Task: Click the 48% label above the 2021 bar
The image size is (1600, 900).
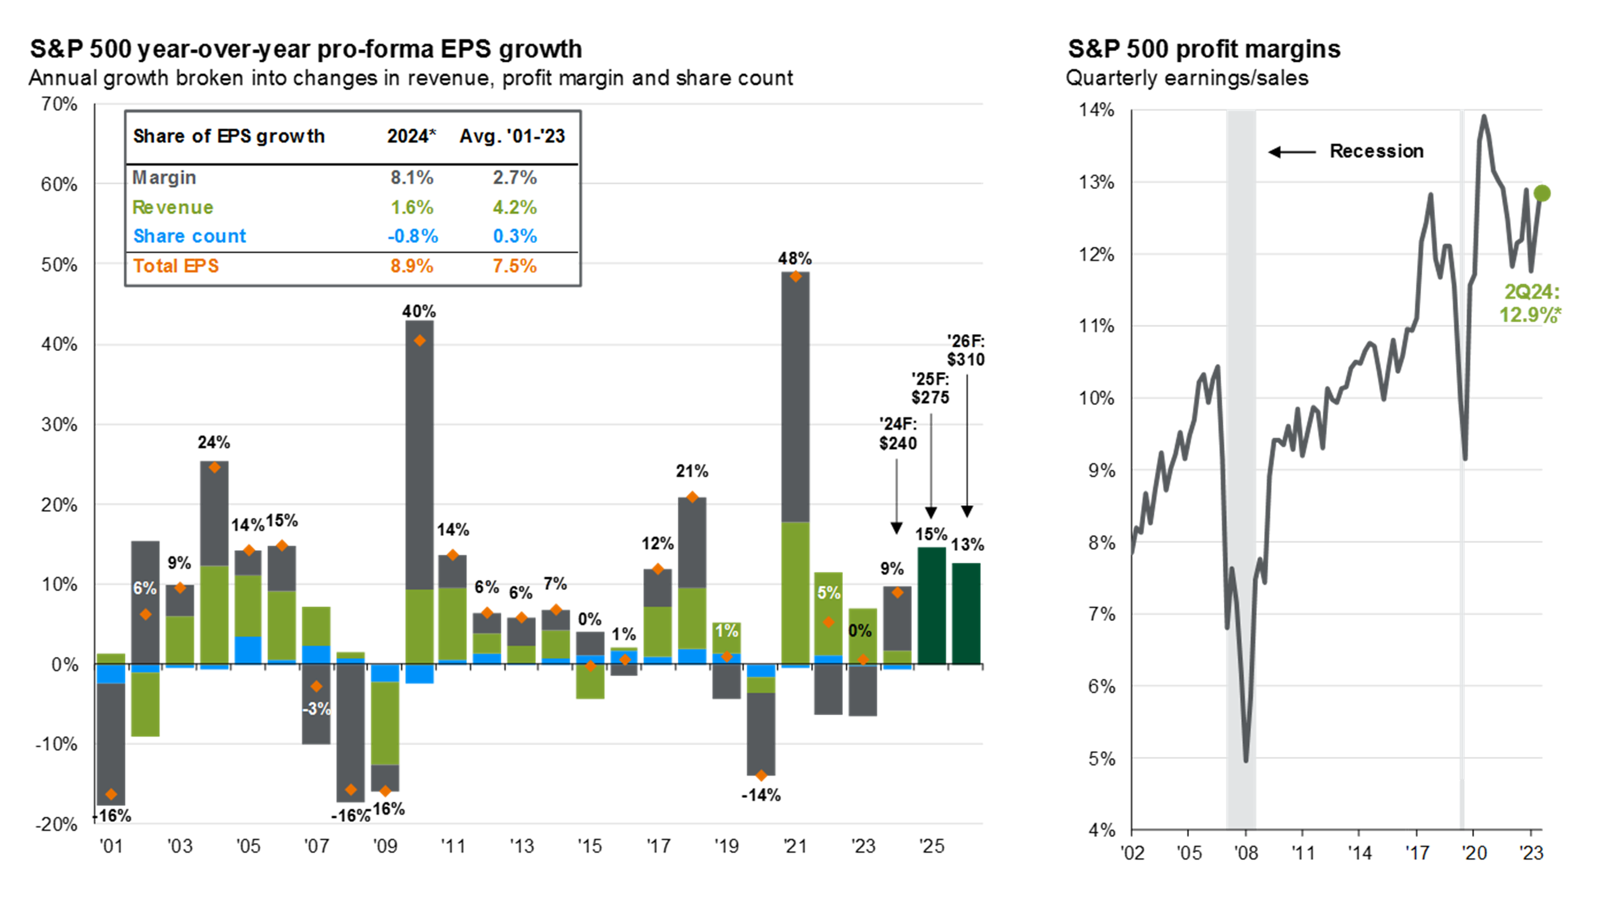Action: (794, 259)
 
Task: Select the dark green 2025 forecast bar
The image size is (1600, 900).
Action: (931, 605)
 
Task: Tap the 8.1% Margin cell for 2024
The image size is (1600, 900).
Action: (411, 178)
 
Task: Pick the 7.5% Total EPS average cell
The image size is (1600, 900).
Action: (514, 266)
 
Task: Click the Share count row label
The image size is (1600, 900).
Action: (190, 236)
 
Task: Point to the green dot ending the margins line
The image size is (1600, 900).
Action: (1542, 194)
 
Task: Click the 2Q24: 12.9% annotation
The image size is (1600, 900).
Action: (1530, 304)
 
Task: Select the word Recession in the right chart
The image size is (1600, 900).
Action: (1376, 151)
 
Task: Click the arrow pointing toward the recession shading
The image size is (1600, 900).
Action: (1292, 152)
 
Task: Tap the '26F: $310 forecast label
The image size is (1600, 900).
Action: (965, 350)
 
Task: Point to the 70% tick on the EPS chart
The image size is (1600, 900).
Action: (59, 104)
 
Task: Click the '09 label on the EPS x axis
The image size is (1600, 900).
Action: (385, 846)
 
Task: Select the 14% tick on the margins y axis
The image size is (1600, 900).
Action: (1096, 110)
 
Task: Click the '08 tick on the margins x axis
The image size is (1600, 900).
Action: (1245, 853)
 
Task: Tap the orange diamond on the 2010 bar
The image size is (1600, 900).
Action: (420, 341)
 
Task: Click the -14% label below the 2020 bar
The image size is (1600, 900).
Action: (761, 795)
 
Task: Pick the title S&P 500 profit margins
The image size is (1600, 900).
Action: (1203, 49)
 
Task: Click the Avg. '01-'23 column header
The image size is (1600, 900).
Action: (512, 137)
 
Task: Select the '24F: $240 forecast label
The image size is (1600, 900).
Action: (897, 434)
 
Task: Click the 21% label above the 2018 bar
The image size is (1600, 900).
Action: (691, 472)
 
